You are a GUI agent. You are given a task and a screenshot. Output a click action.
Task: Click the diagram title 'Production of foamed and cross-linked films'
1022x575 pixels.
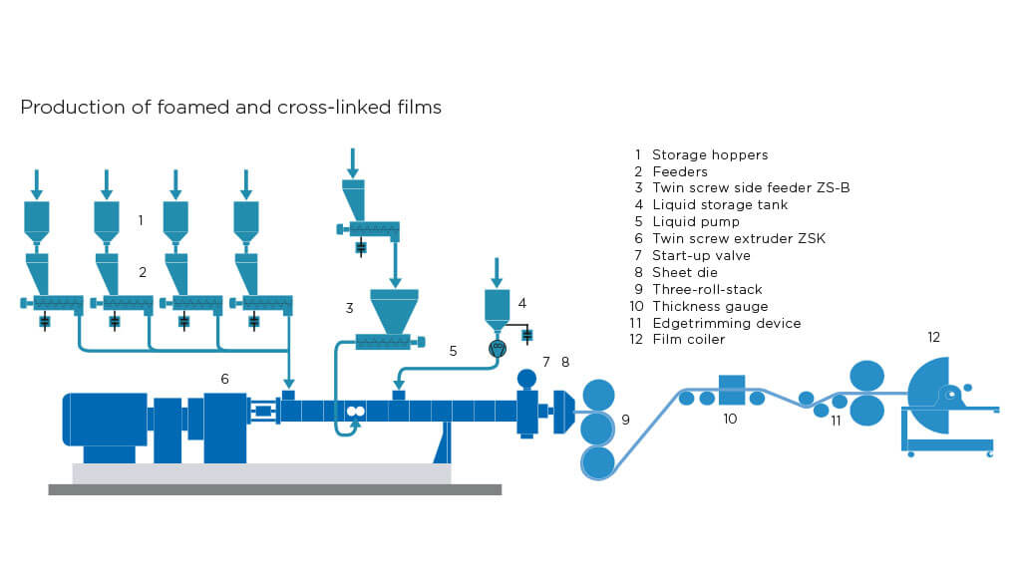tap(230, 107)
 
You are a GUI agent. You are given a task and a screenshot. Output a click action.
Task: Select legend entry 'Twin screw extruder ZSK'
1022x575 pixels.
tap(738, 238)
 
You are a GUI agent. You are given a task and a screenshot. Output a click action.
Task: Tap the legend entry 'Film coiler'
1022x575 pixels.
tap(688, 340)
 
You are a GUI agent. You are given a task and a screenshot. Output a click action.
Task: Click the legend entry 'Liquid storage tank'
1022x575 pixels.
tap(719, 204)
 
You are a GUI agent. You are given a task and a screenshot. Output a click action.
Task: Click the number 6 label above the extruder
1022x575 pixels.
tap(225, 379)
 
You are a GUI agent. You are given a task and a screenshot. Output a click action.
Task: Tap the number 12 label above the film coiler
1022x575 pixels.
tap(933, 338)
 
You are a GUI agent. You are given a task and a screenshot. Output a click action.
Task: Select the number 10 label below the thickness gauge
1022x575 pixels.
tap(730, 419)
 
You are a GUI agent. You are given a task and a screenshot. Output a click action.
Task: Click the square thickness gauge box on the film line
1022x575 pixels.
tap(732, 390)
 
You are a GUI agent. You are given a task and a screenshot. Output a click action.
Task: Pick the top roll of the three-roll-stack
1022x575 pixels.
tap(598, 395)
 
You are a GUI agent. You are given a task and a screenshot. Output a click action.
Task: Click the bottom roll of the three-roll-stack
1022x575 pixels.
tap(598, 461)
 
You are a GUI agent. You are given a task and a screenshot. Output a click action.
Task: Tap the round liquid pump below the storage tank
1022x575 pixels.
tap(498, 349)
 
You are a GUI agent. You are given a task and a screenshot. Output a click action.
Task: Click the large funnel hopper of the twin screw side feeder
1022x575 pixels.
tap(394, 310)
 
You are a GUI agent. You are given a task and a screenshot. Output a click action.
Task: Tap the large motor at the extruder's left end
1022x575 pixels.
tap(105, 419)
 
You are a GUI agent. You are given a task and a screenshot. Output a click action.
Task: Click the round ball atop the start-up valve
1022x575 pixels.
tap(527, 379)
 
